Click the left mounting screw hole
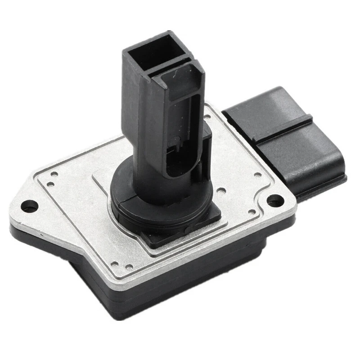[x=30, y=207]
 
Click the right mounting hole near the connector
[x=274, y=199]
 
